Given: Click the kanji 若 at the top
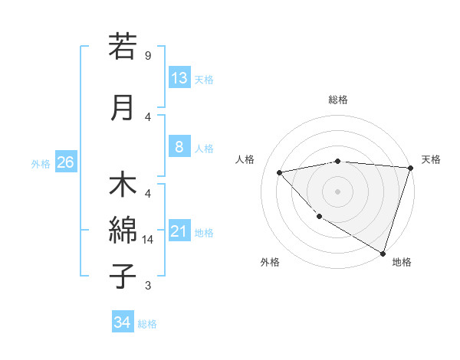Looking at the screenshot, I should click(x=123, y=47).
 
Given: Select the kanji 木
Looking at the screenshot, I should click(x=123, y=187).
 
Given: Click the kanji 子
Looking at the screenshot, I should click(x=123, y=276).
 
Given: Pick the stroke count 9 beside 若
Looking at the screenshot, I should click(x=148, y=55).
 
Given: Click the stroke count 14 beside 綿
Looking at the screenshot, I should click(x=148, y=240).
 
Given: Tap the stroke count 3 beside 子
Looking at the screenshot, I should click(x=148, y=286).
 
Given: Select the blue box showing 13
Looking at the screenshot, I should click(x=179, y=78).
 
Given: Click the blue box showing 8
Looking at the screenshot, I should click(x=179, y=148).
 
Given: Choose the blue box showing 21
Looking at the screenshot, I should click(x=179, y=231).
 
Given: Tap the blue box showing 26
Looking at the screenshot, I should click(x=65, y=162).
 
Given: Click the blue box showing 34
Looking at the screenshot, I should click(x=123, y=323).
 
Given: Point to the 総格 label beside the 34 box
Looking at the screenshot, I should click(x=147, y=324).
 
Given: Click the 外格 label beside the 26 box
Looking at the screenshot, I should click(x=41, y=163).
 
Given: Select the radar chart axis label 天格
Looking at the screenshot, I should click(x=431, y=159).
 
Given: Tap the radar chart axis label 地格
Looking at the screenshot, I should click(x=402, y=262).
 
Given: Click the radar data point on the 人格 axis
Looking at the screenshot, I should click(x=280, y=172).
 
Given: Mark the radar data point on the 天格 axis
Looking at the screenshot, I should click(x=410, y=168).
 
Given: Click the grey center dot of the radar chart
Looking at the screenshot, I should click(x=337, y=191).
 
